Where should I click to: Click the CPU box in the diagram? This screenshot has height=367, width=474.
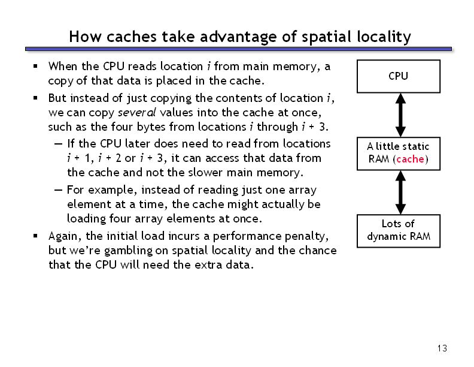point(399,76)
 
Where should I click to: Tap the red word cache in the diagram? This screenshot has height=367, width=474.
point(410,159)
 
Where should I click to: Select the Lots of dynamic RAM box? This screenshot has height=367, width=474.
point(399,231)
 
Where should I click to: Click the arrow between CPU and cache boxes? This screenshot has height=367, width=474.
point(400,115)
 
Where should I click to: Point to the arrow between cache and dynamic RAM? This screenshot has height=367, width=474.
point(400,192)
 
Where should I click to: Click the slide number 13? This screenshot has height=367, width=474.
point(442,348)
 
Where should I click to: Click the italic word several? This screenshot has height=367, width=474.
point(137,113)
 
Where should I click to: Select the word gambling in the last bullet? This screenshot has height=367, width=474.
point(128,251)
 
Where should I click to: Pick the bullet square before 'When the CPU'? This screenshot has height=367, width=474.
point(35,66)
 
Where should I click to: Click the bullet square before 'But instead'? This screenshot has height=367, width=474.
point(35,98)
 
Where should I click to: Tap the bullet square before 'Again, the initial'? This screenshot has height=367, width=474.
point(35,236)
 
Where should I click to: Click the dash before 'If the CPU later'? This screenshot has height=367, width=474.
point(58,144)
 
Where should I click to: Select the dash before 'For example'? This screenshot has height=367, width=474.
point(58,190)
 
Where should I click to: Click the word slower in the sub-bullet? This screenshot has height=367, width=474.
point(205,173)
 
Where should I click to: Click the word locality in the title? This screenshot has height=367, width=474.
point(384,37)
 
